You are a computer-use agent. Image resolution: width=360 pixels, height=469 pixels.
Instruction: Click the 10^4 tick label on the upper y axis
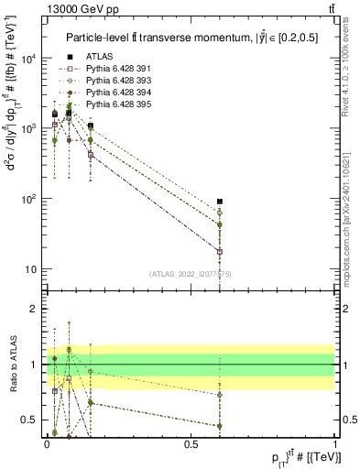(29, 59)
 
